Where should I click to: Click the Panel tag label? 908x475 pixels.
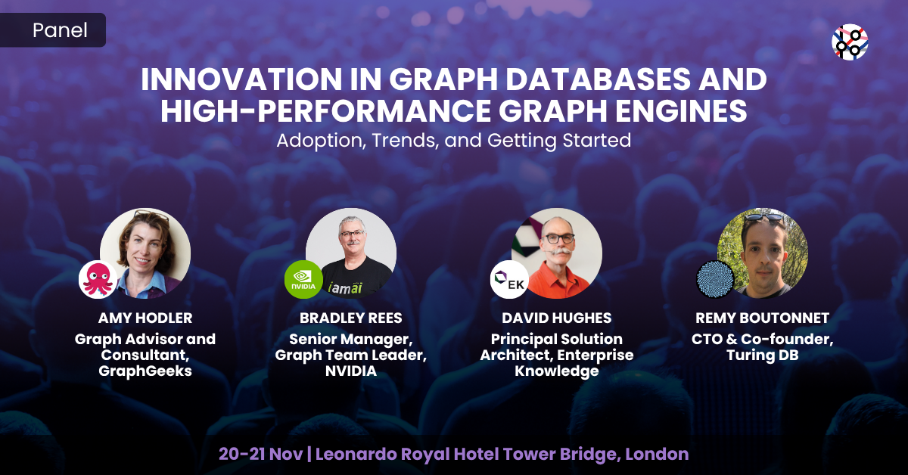[60, 30]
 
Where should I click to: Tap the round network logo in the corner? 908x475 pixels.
[850, 42]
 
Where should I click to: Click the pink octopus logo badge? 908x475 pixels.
[97, 279]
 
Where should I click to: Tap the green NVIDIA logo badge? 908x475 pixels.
[303, 279]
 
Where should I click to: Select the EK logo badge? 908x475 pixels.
[509, 279]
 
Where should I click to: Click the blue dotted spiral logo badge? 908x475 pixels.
[715, 279]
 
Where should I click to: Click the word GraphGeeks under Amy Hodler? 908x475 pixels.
[145, 371]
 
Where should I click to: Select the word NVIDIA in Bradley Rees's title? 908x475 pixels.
[350, 371]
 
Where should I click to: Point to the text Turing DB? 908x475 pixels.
[762, 355]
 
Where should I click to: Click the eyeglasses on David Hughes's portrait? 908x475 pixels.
[557, 237]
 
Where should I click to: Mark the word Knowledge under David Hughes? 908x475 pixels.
[556, 371]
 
